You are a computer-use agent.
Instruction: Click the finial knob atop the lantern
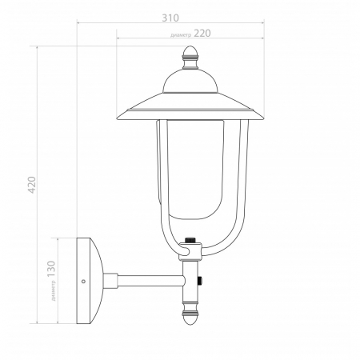click(x=190, y=57)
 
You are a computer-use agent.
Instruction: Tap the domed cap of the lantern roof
click(x=190, y=81)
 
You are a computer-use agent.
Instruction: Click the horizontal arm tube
click(x=148, y=281)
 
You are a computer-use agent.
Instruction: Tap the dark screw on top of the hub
click(x=190, y=239)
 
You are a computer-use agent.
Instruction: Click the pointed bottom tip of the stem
click(x=190, y=325)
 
